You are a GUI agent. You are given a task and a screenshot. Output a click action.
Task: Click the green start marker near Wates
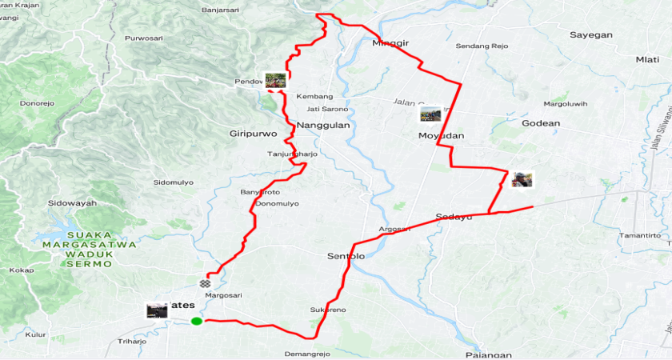point(196,322)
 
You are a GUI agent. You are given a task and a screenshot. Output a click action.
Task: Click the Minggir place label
point(391,43)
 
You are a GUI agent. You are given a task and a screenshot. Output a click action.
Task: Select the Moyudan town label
point(441,136)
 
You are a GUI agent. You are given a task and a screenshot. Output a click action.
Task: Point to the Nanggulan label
point(324,126)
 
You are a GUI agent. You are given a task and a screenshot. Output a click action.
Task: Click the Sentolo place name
point(346,256)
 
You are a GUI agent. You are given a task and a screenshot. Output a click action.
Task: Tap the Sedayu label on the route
point(454,217)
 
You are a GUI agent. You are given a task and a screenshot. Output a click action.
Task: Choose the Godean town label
point(541,123)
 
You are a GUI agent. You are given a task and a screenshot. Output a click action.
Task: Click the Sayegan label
point(590,35)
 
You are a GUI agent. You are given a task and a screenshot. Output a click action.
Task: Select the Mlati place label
point(647,59)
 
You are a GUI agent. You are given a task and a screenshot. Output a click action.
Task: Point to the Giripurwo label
point(253,134)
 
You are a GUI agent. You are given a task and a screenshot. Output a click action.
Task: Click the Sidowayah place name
point(72,203)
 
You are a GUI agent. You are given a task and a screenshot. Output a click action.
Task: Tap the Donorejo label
point(36,103)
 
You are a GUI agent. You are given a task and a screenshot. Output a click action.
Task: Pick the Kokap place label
point(21,270)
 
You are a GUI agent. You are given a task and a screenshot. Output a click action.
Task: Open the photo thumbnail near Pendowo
point(276,80)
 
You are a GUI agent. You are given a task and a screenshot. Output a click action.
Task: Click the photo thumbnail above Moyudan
point(430,114)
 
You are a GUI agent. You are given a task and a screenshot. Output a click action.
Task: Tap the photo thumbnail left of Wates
point(157,310)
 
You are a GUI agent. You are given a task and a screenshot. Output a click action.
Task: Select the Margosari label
point(223,295)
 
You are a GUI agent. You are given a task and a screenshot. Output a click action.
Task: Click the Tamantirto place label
point(645,236)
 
